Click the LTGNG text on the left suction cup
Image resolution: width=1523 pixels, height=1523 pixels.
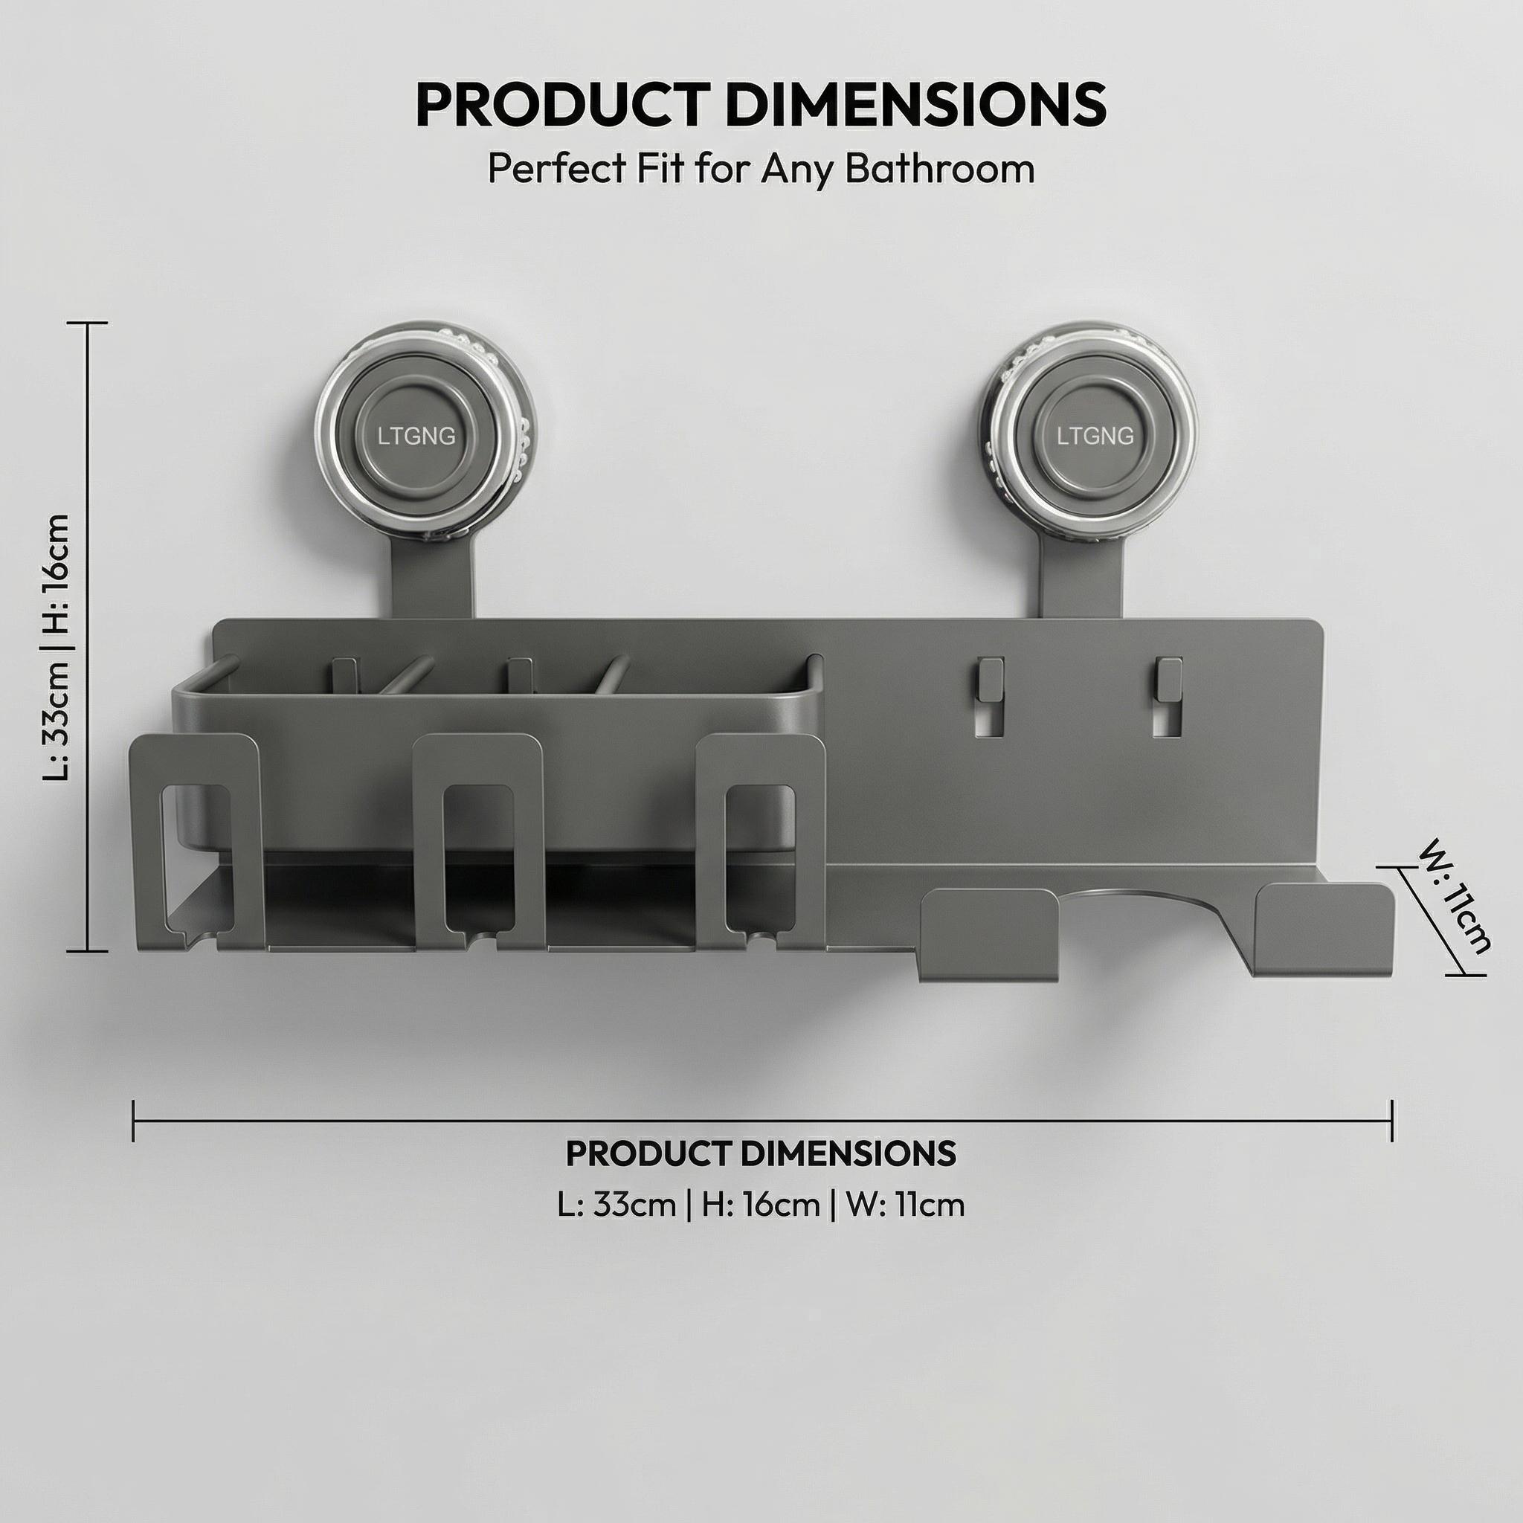(x=416, y=436)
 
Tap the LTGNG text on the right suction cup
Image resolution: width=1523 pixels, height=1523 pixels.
(x=1095, y=436)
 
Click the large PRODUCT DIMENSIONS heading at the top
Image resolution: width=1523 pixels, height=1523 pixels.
(x=761, y=104)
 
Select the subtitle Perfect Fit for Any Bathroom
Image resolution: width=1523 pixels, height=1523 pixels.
(x=761, y=169)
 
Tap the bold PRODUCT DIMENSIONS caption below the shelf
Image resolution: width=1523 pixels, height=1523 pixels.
(x=761, y=1153)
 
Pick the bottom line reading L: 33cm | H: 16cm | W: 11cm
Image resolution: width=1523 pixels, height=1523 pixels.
(x=761, y=1205)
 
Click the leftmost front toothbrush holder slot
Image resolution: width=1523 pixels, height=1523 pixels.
(x=195, y=836)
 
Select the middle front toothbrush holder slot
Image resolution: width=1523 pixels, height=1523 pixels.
(x=478, y=836)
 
